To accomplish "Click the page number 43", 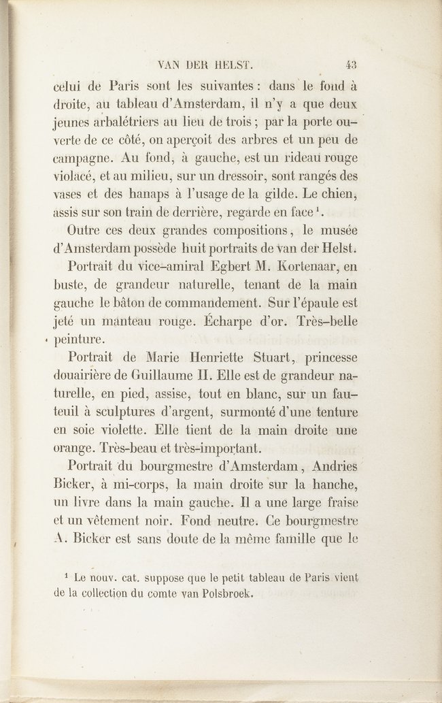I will tap(352, 66).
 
